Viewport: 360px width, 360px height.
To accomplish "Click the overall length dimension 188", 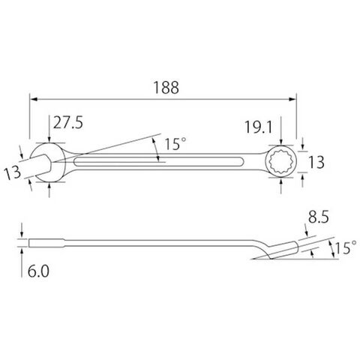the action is point(166,88).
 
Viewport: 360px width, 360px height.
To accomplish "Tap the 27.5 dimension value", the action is point(68,123).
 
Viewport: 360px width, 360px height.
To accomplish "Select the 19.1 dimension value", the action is point(258,127).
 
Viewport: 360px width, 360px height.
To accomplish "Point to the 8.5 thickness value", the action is point(318,217).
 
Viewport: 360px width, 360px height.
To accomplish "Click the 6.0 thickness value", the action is point(38,271).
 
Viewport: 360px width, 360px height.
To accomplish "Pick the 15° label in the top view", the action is point(175,144).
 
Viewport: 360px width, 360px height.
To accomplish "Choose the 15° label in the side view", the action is point(346,247).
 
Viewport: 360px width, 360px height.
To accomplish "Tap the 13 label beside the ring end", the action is point(316,162).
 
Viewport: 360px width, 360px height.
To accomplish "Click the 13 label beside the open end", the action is point(13,172).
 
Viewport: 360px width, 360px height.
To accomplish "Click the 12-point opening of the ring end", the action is point(281,161).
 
